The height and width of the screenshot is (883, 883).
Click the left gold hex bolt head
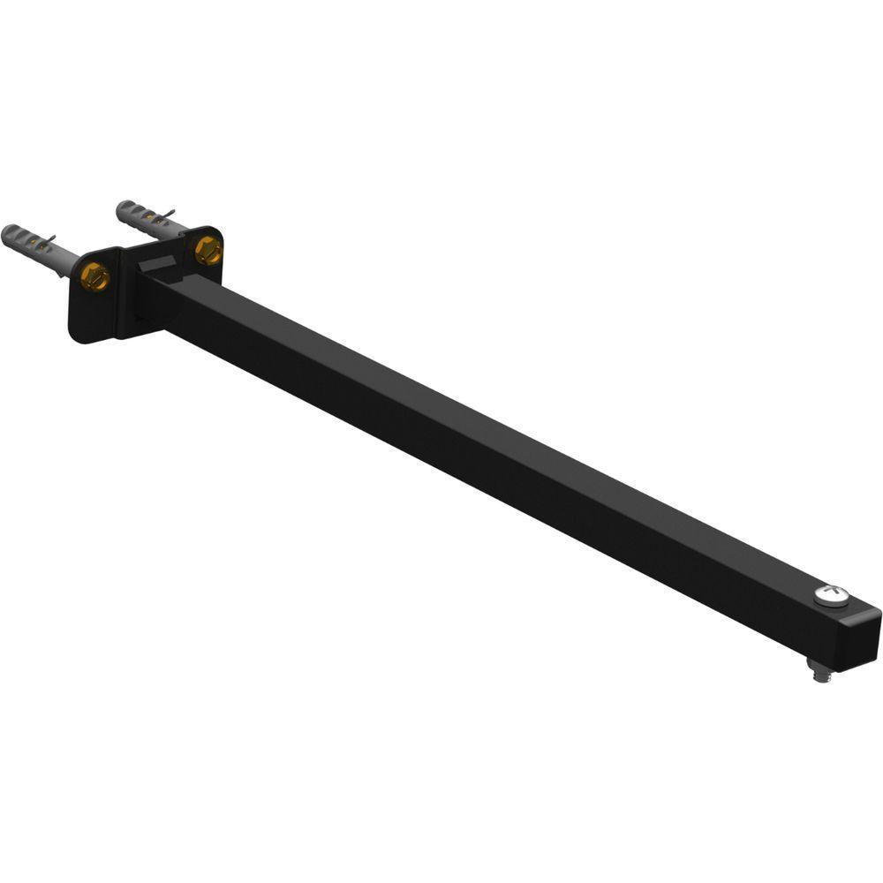[x=94, y=277]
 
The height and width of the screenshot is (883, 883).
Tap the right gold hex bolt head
[x=208, y=250]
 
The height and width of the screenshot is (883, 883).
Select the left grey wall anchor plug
[x=40, y=248]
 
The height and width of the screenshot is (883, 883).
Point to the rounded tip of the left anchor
[x=7, y=234]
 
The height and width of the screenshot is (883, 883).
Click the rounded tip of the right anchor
[x=122, y=208]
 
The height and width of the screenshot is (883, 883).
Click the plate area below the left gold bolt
[x=93, y=313]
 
